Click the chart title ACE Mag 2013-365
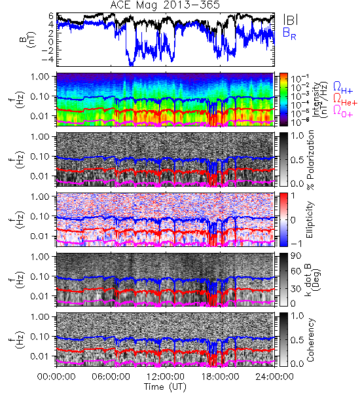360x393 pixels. tap(165, 5)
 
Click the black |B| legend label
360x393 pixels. tap(291, 20)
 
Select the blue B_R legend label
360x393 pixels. tap(289, 33)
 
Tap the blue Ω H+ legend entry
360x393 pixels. tap(343, 88)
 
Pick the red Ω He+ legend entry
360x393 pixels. tap(345, 100)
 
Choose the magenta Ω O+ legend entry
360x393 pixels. tap(343, 111)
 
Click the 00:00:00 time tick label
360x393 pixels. tap(56, 377)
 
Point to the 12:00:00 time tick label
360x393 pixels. tap(166, 377)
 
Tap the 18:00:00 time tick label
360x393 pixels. tap(220, 377)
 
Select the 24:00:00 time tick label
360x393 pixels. tap(274, 377)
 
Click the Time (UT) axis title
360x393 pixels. tap(165, 386)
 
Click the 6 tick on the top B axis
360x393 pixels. tap(51, 16)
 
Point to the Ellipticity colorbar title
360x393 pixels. tap(310, 219)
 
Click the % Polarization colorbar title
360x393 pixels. tap(310, 160)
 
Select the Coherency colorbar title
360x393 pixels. tap(310, 340)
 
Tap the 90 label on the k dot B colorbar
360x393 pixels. tap(295, 255)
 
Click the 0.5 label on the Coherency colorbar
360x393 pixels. tap(297, 340)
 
